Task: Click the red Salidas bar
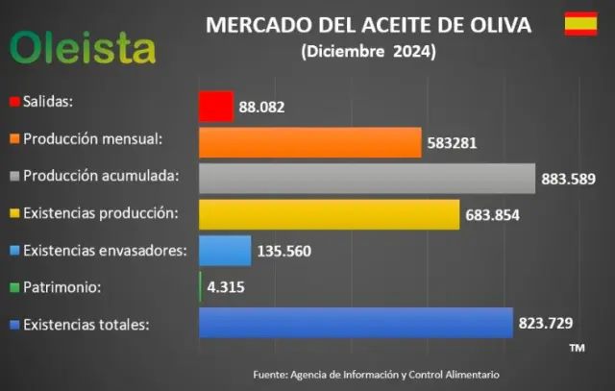click(x=215, y=106)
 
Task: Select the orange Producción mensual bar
click(x=309, y=142)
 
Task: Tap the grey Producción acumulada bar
click(x=366, y=179)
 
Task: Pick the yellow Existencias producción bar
click(x=329, y=214)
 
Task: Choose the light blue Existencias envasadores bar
click(x=225, y=251)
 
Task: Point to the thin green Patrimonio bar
click(x=200, y=287)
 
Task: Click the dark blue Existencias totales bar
click(x=356, y=323)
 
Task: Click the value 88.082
click(x=262, y=108)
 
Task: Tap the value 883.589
click(x=569, y=180)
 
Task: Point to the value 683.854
click(x=492, y=216)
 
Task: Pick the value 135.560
click(x=284, y=253)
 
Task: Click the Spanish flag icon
click(x=579, y=24)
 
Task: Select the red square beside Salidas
click(x=14, y=101)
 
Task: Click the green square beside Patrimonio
click(x=14, y=287)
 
